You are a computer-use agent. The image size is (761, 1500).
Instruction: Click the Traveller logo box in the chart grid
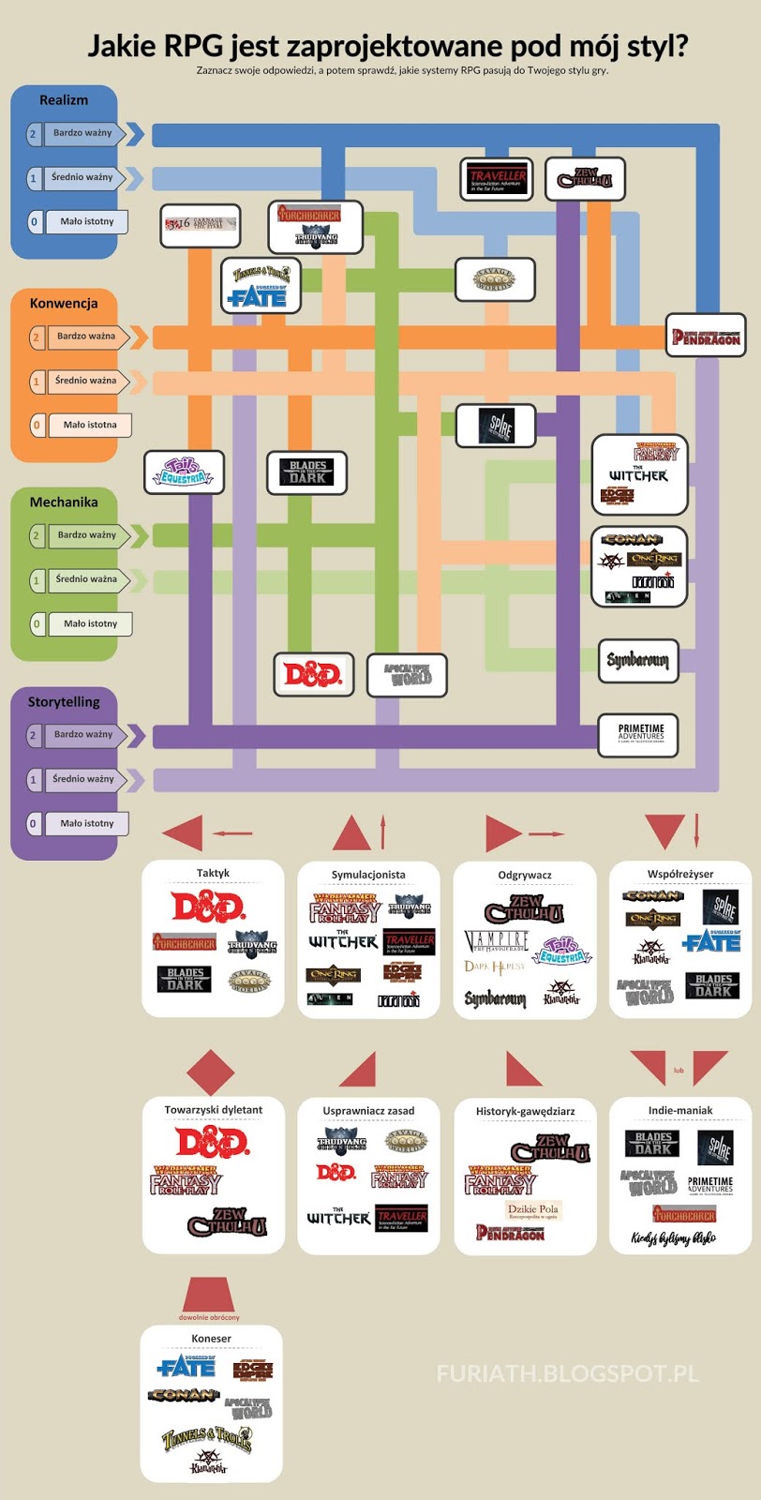(498, 178)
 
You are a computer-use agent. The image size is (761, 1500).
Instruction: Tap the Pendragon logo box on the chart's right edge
(706, 336)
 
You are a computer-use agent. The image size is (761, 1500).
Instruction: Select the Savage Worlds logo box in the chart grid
(494, 279)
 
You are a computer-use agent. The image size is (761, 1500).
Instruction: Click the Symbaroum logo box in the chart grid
(638, 661)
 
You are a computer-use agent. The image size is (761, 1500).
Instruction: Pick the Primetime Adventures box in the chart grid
(640, 734)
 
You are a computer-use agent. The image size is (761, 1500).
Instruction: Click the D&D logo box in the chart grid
(314, 674)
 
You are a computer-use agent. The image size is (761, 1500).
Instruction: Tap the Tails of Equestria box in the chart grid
(185, 472)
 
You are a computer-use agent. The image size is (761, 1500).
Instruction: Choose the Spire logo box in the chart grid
(496, 426)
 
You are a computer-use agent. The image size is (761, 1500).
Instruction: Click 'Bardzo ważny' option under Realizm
(82, 133)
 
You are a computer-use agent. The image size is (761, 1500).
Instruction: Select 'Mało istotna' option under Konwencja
(89, 425)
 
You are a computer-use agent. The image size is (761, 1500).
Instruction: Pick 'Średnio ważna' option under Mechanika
(85, 579)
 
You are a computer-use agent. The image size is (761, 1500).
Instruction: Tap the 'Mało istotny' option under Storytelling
(86, 823)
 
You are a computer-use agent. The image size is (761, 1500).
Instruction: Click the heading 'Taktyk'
(213, 873)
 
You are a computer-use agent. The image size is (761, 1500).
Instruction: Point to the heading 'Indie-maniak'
(680, 1110)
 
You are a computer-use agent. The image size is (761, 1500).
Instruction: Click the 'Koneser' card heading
(211, 1338)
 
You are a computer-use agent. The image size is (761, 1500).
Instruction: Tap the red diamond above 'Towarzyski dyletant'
(211, 1072)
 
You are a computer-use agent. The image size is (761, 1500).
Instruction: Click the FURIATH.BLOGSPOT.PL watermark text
(568, 1373)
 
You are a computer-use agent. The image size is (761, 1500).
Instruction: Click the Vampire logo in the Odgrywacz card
(497, 940)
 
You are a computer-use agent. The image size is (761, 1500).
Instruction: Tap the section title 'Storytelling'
(64, 701)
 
